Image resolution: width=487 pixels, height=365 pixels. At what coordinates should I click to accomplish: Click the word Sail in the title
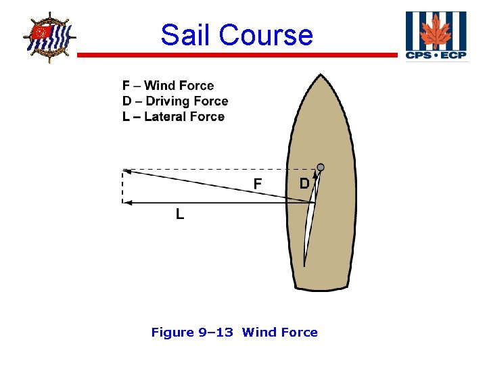tap(185, 35)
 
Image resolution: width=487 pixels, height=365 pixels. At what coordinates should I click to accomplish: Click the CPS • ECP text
tap(436, 55)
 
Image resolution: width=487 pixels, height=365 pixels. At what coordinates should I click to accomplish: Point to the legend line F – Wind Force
tap(168, 86)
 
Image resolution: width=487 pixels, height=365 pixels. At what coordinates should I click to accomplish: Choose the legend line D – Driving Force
tap(175, 101)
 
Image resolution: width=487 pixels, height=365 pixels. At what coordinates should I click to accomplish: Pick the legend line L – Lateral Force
tap(173, 117)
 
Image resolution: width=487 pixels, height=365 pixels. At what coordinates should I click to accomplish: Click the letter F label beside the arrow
tap(258, 183)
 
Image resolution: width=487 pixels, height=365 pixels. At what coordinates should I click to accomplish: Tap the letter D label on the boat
tap(304, 183)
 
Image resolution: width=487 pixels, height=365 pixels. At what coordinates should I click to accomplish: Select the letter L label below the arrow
tap(180, 214)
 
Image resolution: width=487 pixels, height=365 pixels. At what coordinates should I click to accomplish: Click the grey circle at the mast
tap(321, 167)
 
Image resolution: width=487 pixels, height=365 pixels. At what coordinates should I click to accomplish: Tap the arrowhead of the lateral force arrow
tap(126, 202)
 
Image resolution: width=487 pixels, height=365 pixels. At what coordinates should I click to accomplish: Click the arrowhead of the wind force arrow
tap(126, 171)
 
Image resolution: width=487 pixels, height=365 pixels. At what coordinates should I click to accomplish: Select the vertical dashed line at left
tap(122, 186)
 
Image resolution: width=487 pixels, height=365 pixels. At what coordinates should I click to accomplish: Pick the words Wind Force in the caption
tap(279, 332)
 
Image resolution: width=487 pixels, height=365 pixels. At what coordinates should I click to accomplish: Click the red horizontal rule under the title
tap(237, 55)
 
